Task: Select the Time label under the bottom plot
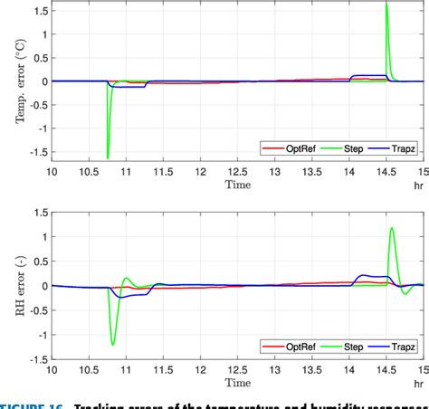pyautogui.click(x=237, y=384)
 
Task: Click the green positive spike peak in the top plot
pyautogui.click(x=386, y=5)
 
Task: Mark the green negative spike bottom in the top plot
pyautogui.click(x=108, y=158)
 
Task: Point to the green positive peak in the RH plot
pyautogui.click(x=392, y=228)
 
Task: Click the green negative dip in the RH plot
pyautogui.click(x=113, y=344)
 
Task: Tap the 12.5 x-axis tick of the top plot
pyautogui.click(x=237, y=169)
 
